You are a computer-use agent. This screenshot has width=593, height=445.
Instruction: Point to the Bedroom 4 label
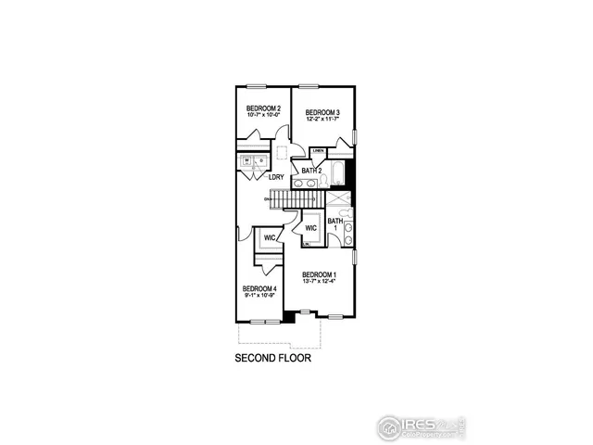click(x=259, y=289)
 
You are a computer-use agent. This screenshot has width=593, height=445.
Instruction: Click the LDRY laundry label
click(x=276, y=177)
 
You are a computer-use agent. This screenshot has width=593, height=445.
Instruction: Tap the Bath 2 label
click(x=311, y=172)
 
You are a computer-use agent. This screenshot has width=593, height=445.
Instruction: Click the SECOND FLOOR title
click(x=272, y=357)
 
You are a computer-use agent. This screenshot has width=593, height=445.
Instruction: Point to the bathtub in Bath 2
click(x=338, y=173)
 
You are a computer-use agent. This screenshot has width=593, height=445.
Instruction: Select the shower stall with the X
click(x=339, y=197)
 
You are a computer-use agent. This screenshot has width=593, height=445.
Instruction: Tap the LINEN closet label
click(x=318, y=149)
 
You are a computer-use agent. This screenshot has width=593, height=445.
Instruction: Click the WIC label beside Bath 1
click(x=311, y=228)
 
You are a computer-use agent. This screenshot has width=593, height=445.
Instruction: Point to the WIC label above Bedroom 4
click(x=271, y=238)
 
